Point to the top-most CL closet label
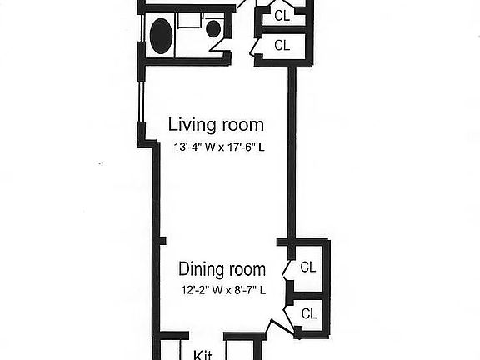pyautogui.click(x=282, y=14)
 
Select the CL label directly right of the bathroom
pyautogui.click(x=282, y=45)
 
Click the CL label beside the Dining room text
pyautogui.click(x=308, y=267)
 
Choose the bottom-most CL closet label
pyautogui.click(x=309, y=313)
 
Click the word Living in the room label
pyautogui.click(x=192, y=126)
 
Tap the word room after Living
pyautogui.click(x=242, y=126)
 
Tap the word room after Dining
pyautogui.click(x=247, y=269)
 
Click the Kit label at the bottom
pyautogui.click(x=202, y=354)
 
